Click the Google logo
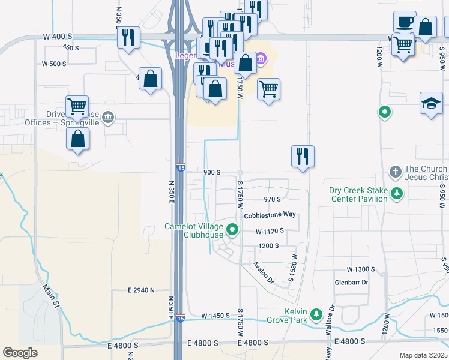[20, 353]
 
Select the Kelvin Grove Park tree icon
[316, 314]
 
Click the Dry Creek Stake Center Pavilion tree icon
[396, 193]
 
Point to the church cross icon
[395, 172]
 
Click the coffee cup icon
[405, 22]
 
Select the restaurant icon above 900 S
[303, 156]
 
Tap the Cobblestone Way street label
[270, 214]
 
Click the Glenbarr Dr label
[351, 283]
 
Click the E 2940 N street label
[137, 290]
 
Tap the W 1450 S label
[215, 316]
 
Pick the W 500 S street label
[54, 64]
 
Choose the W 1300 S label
[361, 269]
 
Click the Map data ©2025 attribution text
[423, 355]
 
